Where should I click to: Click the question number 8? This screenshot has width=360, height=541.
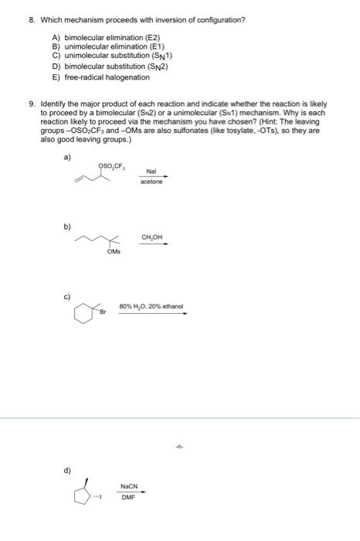(x=23, y=19)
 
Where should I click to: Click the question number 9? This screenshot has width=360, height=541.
(x=23, y=104)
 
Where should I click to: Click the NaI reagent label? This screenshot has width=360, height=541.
(x=151, y=172)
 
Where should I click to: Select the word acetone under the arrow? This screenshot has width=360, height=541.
(x=151, y=183)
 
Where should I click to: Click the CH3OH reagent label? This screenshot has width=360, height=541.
(x=151, y=237)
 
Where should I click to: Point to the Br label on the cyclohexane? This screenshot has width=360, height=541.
(x=102, y=311)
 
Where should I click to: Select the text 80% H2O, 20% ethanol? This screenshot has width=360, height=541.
(x=151, y=306)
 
